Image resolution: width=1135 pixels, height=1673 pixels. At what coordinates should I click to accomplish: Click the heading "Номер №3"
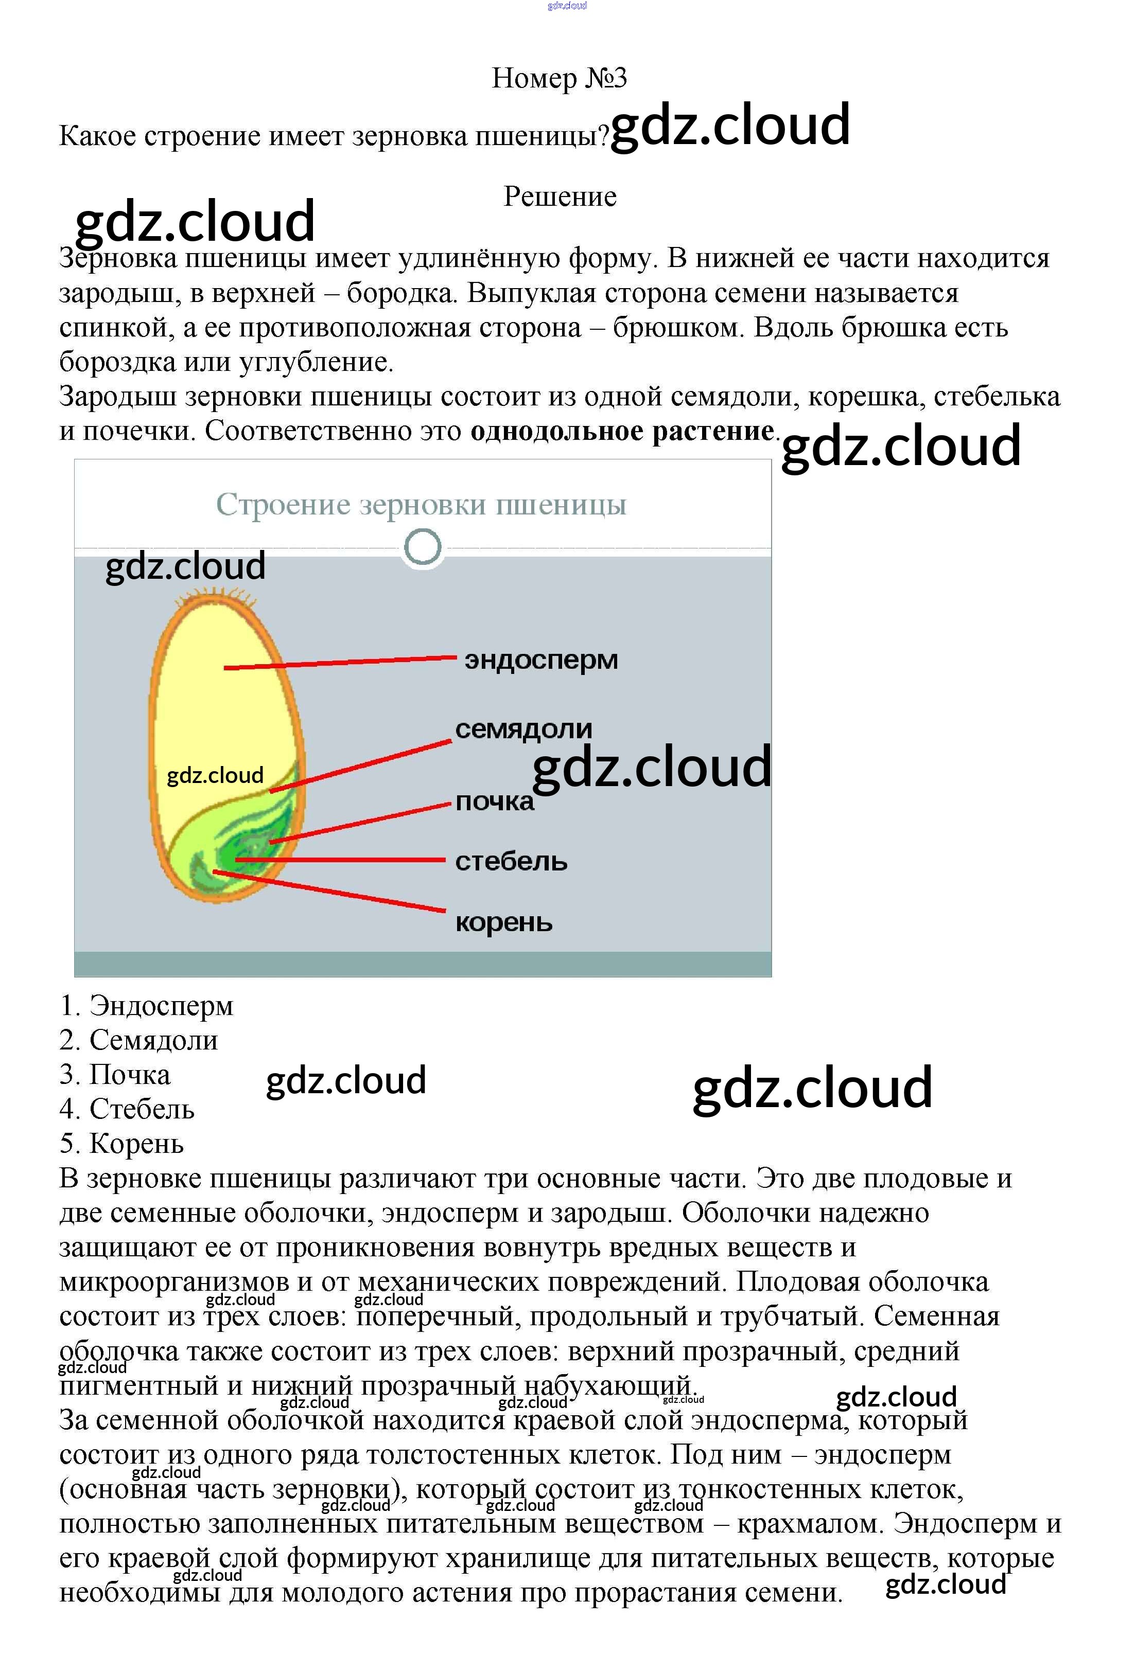559,78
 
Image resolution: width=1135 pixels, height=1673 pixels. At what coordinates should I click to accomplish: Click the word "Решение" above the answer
560,197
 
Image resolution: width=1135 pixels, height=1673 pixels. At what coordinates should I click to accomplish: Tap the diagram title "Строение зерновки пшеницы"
421,504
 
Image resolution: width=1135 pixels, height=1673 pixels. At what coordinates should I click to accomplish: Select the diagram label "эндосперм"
541,660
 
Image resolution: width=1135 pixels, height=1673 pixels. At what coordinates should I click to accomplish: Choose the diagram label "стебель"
511,861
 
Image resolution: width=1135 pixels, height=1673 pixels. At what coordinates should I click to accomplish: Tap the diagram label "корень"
503,922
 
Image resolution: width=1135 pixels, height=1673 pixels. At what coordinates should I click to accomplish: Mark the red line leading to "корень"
331,892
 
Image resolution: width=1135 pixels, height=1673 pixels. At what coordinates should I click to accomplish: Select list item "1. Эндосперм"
147,1006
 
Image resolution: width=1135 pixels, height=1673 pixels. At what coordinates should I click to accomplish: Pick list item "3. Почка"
115,1075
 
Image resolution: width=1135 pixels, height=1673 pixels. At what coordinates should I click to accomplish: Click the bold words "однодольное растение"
622,431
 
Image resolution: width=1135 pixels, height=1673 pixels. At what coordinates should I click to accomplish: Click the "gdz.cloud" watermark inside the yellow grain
215,775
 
